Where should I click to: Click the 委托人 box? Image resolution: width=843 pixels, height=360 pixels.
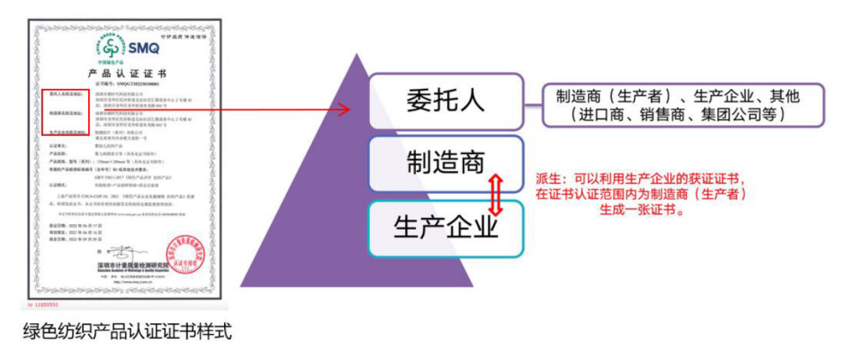[445, 101]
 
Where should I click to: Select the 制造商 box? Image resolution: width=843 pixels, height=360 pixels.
[445, 162]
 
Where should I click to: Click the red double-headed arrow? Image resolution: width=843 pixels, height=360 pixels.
[494, 196]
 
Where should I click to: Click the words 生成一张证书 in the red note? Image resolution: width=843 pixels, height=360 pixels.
[639, 209]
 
